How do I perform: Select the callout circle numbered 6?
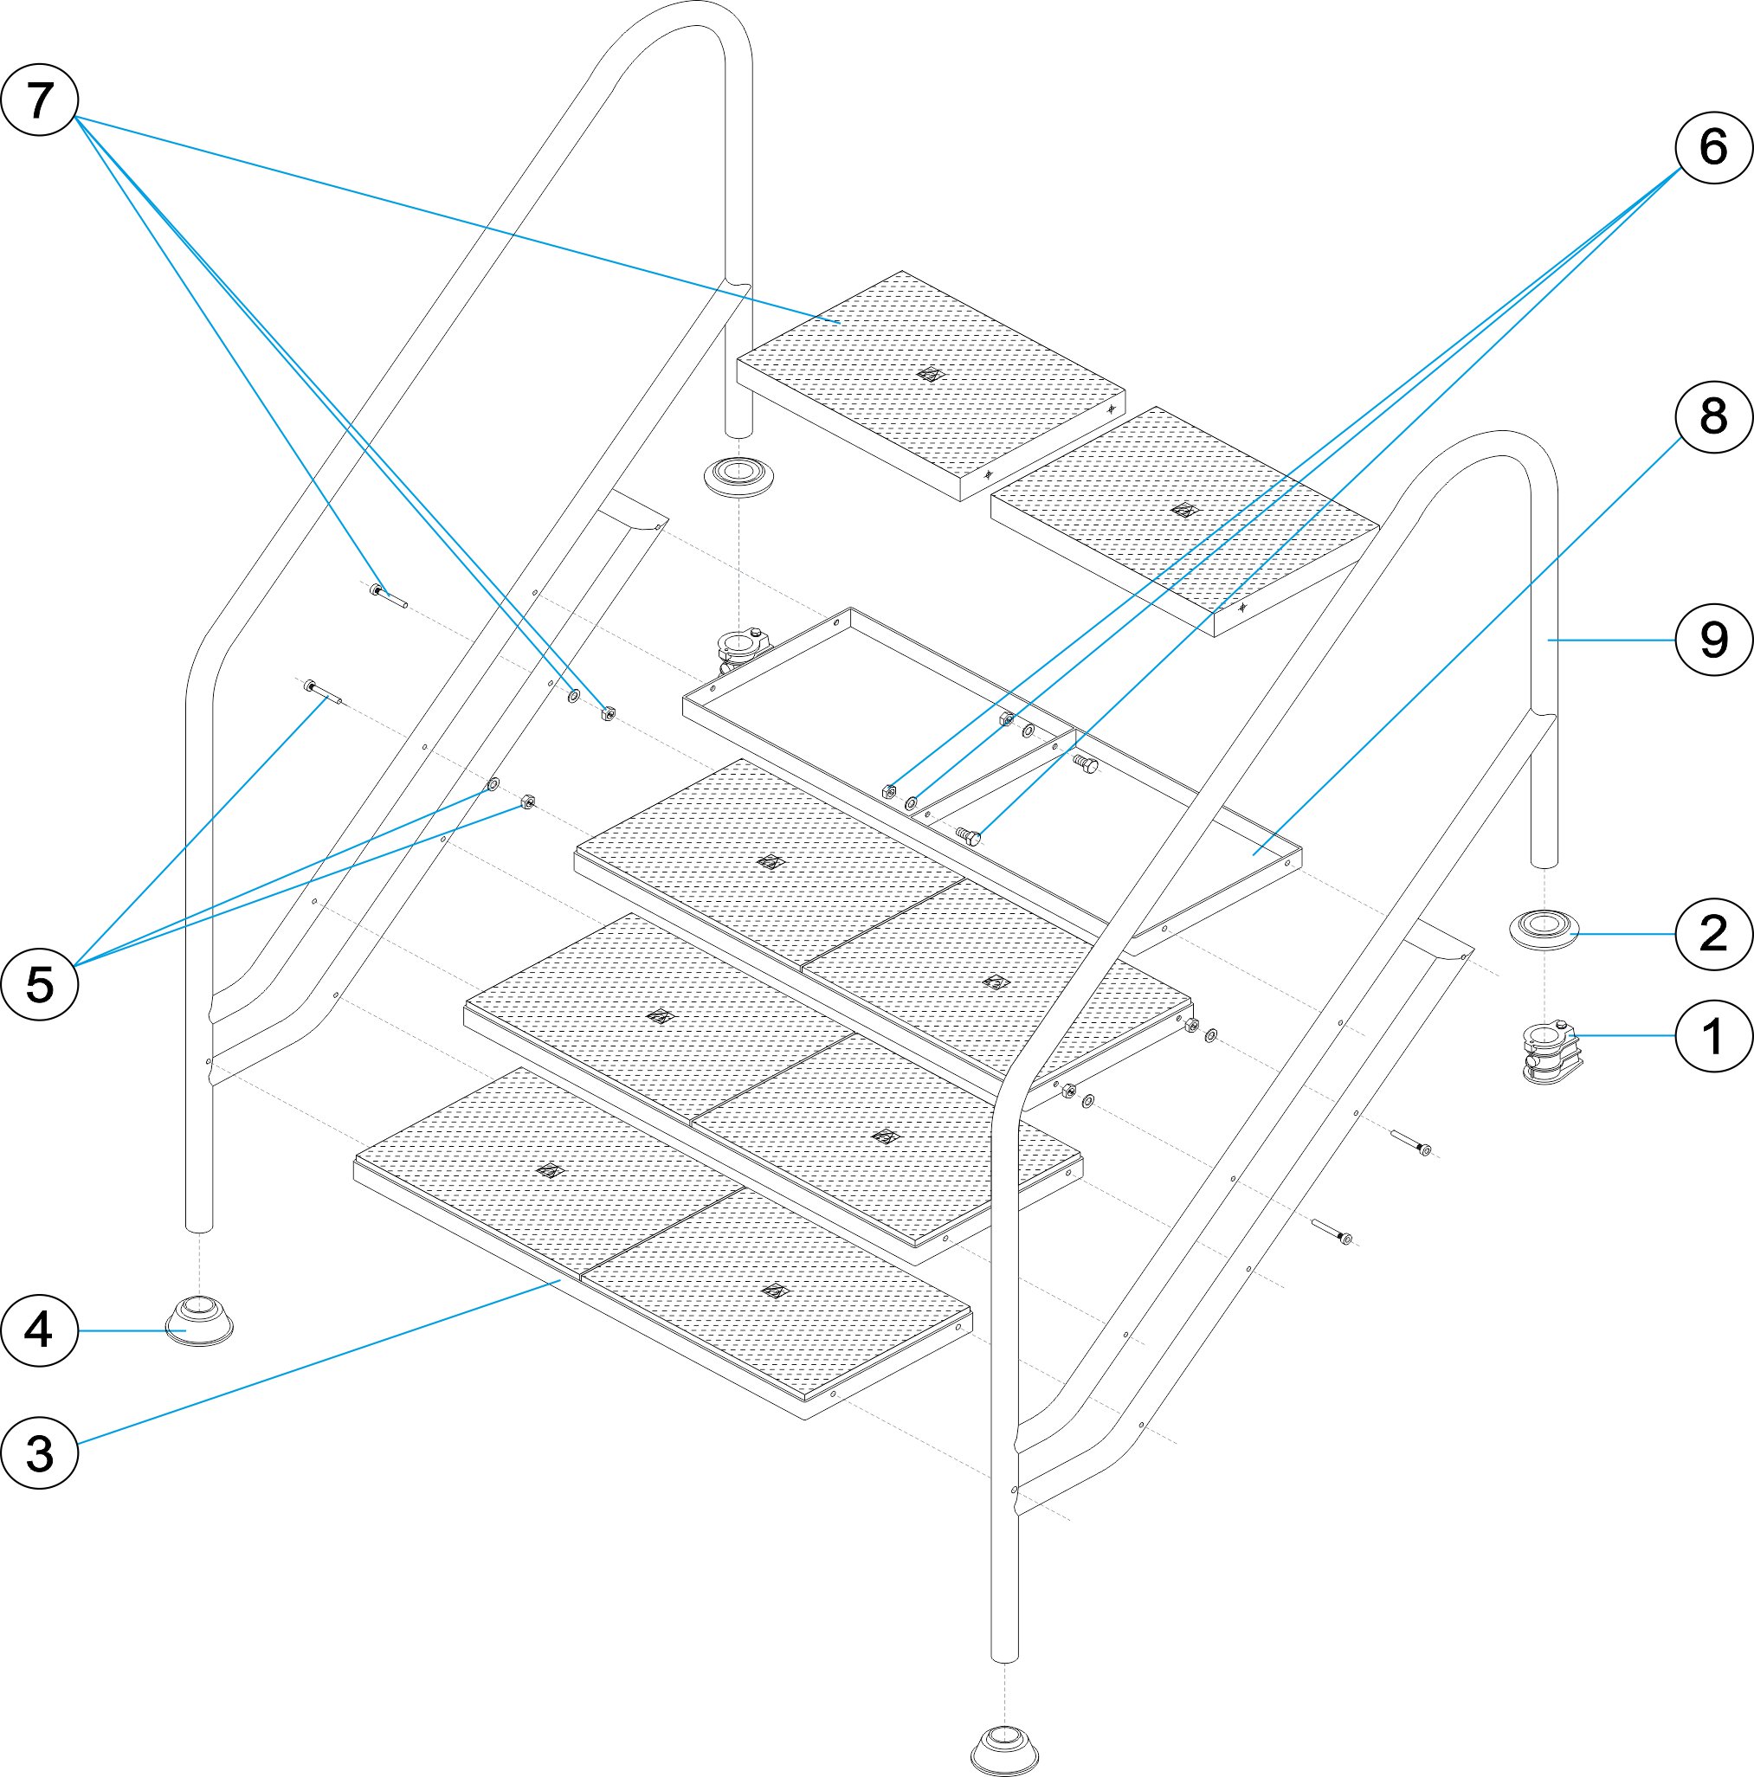(1712, 147)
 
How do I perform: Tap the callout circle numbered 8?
(1712, 415)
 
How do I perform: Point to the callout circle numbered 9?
(1712, 640)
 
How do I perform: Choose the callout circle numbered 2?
(1712, 934)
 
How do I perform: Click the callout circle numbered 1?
(1712, 1036)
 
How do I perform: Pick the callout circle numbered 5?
(39, 984)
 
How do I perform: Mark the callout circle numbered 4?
(39, 1330)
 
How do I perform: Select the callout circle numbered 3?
(39, 1454)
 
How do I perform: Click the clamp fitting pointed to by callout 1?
(1551, 1052)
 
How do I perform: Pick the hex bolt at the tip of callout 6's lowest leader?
(969, 834)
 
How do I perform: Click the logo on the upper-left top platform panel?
(931, 374)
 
